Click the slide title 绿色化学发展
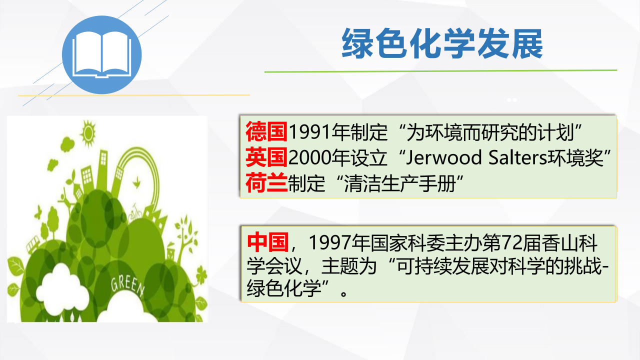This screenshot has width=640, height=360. click(442, 43)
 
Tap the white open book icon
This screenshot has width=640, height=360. click(101, 54)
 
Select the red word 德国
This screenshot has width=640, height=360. click(266, 131)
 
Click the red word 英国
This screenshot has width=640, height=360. click(266, 157)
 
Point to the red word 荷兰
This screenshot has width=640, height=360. click(266, 182)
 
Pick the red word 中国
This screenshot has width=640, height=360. click(267, 242)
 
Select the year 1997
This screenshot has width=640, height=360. click(329, 243)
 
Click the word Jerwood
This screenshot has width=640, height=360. click(444, 157)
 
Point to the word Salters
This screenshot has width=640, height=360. click(517, 157)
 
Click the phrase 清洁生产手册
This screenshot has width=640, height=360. click(400, 183)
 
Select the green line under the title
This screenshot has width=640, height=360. click(440, 71)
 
